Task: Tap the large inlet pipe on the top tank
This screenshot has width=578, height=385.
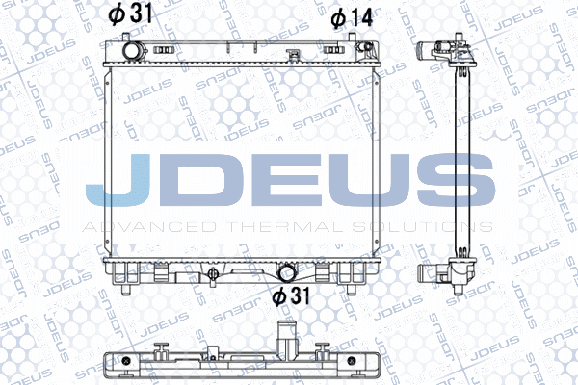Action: click(x=132, y=49)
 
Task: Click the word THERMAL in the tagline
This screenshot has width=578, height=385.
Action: click(x=285, y=227)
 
